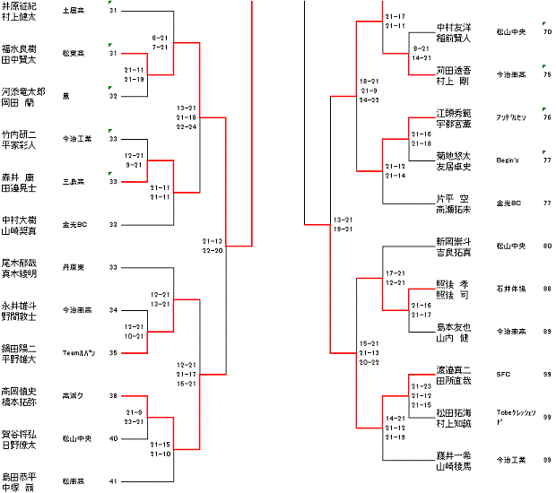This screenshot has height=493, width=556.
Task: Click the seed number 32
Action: [x=113, y=95]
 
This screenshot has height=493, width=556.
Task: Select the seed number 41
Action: [x=113, y=481]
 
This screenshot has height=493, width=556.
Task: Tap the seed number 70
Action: [x=547, y=31]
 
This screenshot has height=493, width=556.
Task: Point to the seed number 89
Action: [x=547, y=332]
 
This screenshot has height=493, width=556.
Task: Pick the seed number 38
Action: [x=113, y=395]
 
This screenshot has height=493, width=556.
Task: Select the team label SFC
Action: [x=503, y=374]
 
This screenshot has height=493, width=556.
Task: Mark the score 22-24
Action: [x=187, y=126]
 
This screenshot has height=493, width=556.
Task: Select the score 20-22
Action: [x=369, y=361]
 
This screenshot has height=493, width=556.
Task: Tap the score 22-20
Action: [x=213, y=251]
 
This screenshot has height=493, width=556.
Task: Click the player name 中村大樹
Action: [x=19, y=220]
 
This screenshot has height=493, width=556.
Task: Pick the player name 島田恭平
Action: [x=19, y=477]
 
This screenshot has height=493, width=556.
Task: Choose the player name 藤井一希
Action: [x=455, y=455]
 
